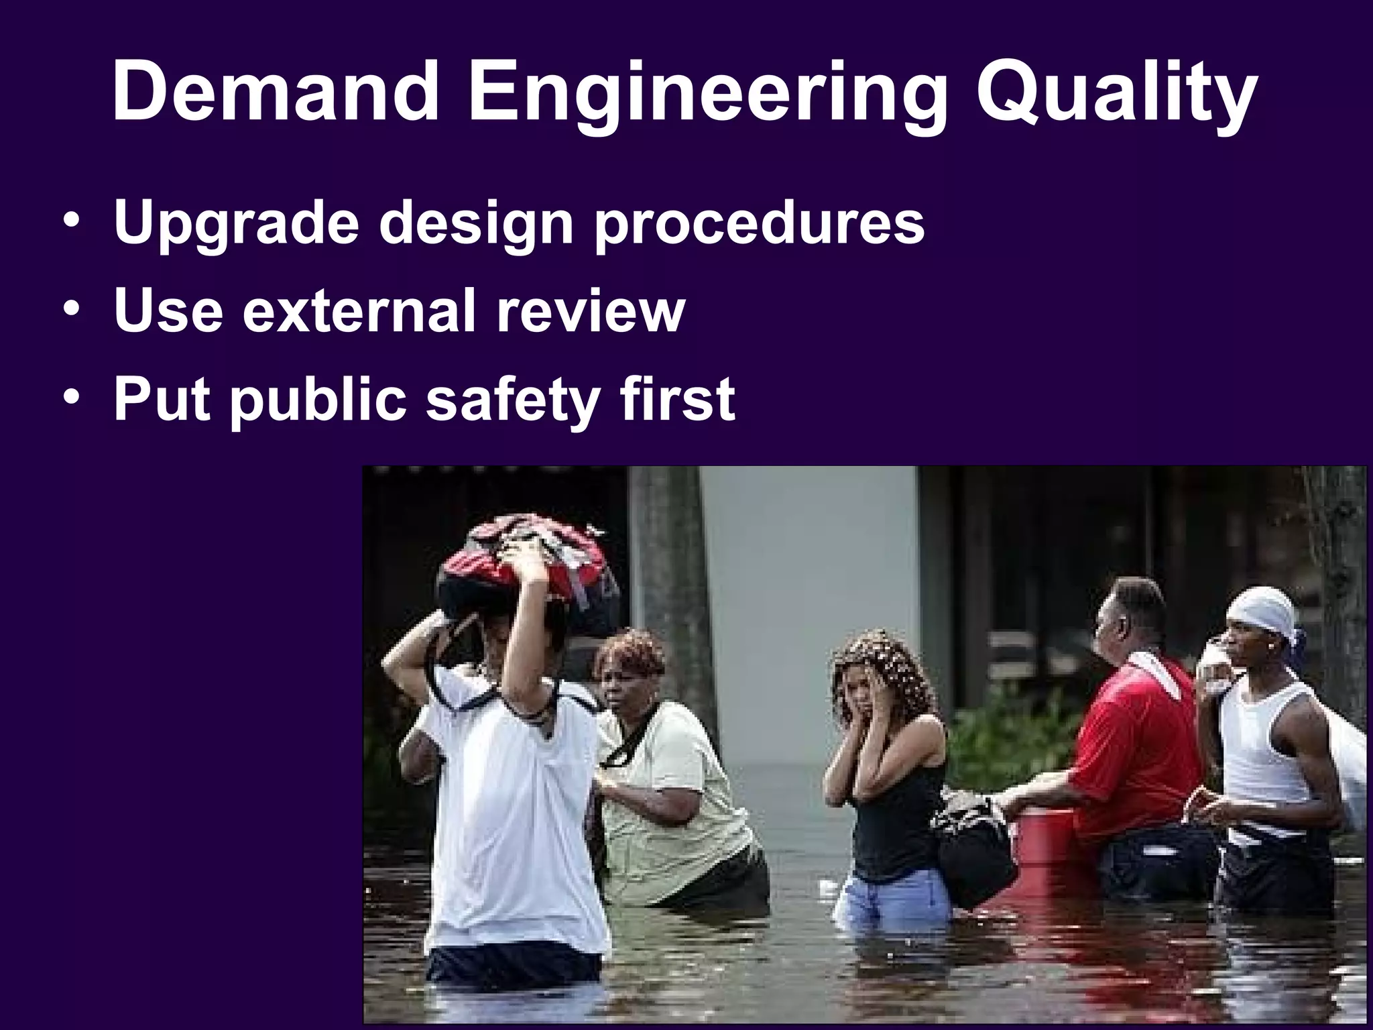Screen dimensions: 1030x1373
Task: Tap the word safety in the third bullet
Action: [x=513, y=401]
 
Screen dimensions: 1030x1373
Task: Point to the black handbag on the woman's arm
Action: [x=975, y=855]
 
